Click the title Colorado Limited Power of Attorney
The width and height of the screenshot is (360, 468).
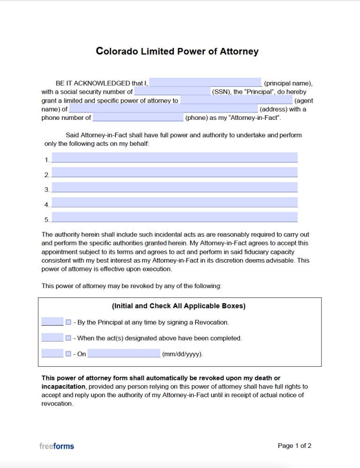click(x=177, y=51)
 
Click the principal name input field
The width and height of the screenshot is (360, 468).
click(x=205, y=83)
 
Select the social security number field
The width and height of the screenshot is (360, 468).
click(x=172, y=92)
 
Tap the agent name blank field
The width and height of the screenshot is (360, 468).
click(x=236, y=100)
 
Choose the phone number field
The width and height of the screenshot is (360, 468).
click(x=138, y=118)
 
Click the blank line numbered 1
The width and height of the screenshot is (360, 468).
click(x=174, y=158)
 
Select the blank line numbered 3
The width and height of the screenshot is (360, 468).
click(x=174, y=188)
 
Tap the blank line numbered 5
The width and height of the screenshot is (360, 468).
click(x=174, y=217)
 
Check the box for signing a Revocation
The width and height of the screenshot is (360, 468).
click(x=68, y=322)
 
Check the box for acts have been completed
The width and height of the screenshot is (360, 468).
click(x=68, y=338)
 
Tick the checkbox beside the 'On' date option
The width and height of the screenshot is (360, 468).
click(x=68, y=354)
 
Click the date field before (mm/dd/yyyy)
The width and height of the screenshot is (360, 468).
click(x=124, y=354)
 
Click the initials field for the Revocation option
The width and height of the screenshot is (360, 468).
click(x=52, y=322)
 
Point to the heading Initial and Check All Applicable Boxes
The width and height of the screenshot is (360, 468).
click(x=179, y=306)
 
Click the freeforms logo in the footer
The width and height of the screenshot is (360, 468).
click(x=57, y=446)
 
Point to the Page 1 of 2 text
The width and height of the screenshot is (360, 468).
click(x=294, y=446)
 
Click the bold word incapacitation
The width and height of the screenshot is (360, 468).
click(x=63, y=386)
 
